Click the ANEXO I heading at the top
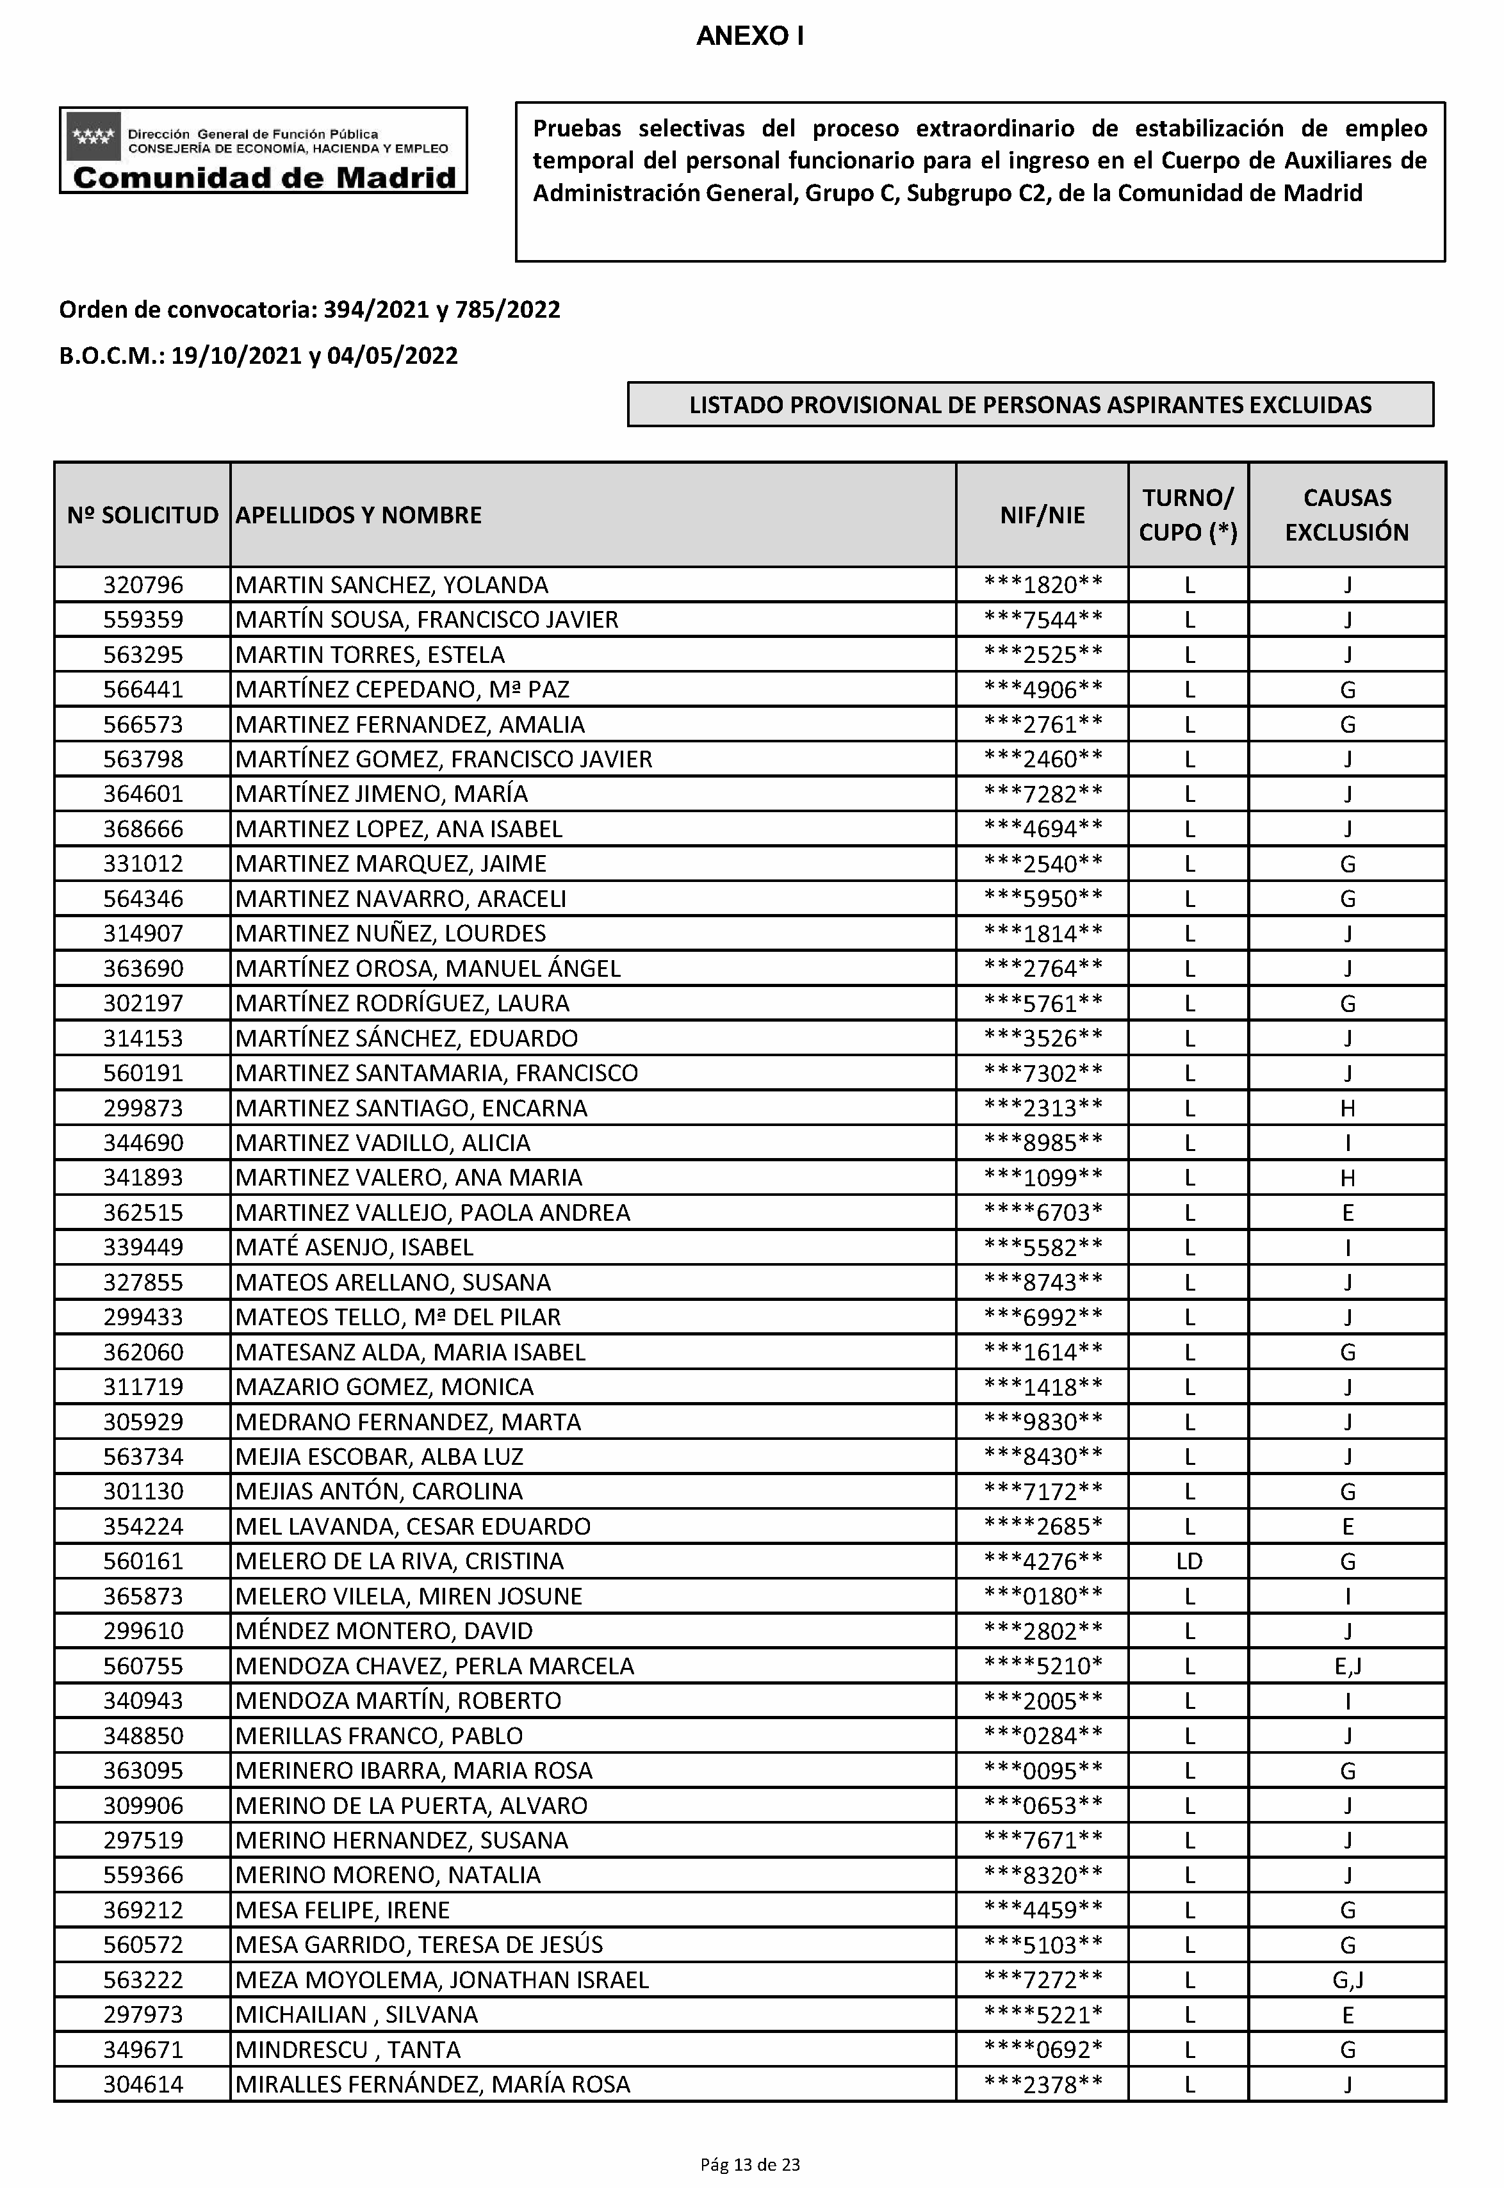coord(750,37)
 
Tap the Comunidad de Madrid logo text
coord(264,177)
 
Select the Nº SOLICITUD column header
coord(142,516)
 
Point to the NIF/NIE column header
coord(1042,516)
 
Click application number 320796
coord(143,585)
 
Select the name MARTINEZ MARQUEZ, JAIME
coord(391,864)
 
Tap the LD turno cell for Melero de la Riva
coord(1189,1562)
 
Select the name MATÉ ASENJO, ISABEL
coord(354,1248)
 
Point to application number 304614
coord(143,2084)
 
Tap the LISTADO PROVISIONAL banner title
coord(1030,405)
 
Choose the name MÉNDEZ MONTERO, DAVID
coord(384,1631)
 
